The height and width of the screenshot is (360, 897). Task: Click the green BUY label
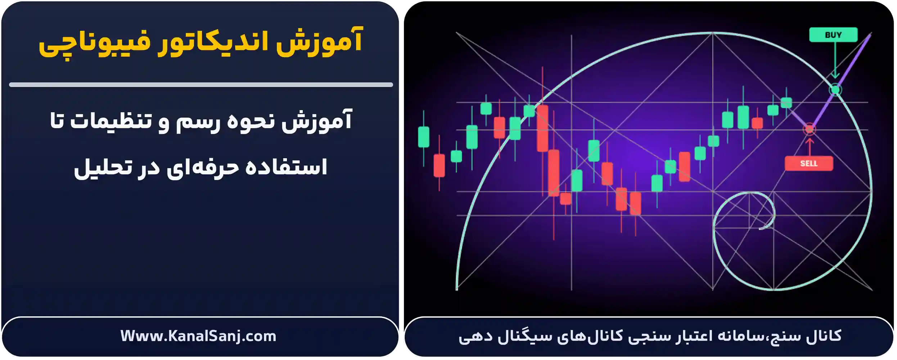coord(833,35)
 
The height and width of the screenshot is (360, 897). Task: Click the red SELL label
coord(808,163)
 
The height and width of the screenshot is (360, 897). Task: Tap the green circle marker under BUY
coord(835,89)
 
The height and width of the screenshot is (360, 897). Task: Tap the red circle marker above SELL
coord(809,129)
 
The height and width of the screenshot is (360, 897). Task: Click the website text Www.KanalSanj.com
coord(198,336)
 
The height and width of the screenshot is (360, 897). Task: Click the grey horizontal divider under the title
coord(201,85)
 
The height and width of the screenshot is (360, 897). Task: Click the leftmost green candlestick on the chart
coord(423,137)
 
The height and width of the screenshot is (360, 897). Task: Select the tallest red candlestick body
coord(542,128)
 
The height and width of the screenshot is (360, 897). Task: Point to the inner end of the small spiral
coord(761,228)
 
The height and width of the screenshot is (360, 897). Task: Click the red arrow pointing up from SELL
coord(809,146)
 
